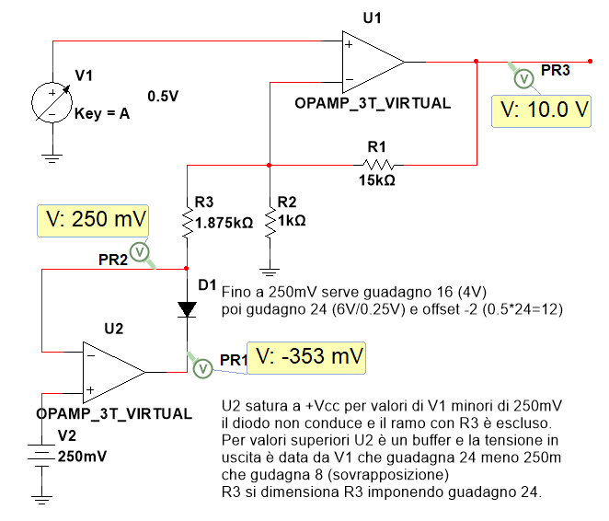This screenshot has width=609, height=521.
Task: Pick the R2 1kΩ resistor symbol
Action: coord(269,221)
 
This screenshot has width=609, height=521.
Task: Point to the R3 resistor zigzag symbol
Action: coord(187,221)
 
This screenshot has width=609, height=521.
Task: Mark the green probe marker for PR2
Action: coord(139,250)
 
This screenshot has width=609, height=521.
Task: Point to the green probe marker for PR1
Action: coord(201,367)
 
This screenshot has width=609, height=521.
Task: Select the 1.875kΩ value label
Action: coord(224,222)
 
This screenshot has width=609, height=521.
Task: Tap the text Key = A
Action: coord(101,115)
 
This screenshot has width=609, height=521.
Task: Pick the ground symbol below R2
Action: coord(269,270)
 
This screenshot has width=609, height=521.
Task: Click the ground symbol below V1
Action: coord(53,157)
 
